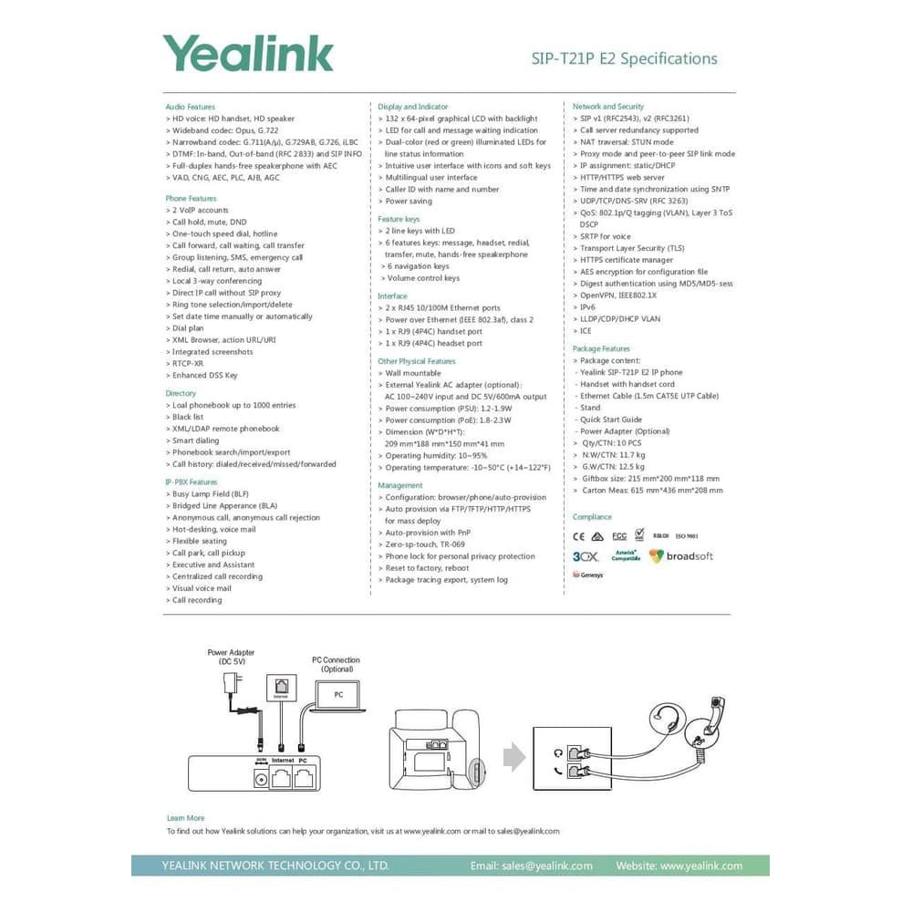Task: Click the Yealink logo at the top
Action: coord(247,53)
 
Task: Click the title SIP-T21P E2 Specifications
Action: coord(624,58)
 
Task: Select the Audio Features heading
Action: coord(190,107)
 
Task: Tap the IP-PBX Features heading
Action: coord(192,482)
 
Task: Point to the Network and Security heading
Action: coord(607,107)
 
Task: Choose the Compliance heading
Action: coord(592,517)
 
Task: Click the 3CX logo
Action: coord(585,555)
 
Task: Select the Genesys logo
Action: coord(588,575)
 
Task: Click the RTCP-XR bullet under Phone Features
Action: coord(188,363)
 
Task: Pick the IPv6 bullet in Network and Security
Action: coord(587,307)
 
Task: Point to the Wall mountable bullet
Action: coord(412,373)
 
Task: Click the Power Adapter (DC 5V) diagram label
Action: coord(231,657)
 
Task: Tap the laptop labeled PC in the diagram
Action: coord(337,695)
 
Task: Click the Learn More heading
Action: coord(185,818)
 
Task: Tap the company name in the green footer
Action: coord(275,866)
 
